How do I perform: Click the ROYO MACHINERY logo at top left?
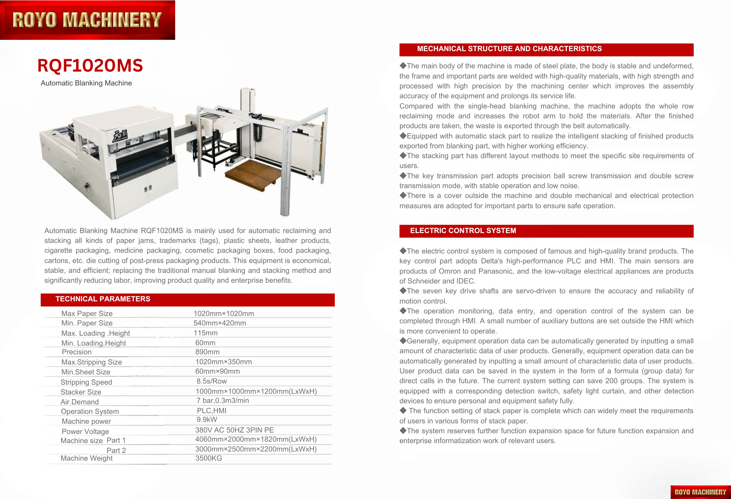point(87,20)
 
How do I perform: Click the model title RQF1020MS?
point(90,66)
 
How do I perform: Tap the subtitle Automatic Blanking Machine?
point(86,83)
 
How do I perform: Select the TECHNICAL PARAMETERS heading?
point(103,299)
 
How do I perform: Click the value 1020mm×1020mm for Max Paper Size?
point(224,313)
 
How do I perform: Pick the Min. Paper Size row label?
point(87,323)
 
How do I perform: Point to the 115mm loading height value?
point(206,333)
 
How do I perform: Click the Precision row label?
point(77,352)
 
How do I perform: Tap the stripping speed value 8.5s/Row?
point(212,381)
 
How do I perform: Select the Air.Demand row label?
point(80,402)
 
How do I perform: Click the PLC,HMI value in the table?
point(212,411)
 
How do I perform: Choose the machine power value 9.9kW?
point(207,420)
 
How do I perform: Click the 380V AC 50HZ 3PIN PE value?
point(235,430)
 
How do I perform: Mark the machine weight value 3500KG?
point(209,458)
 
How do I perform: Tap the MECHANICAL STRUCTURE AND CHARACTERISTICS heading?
point(509,49)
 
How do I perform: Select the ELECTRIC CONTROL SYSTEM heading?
point(463,231)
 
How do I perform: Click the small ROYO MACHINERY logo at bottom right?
point(700,492)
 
